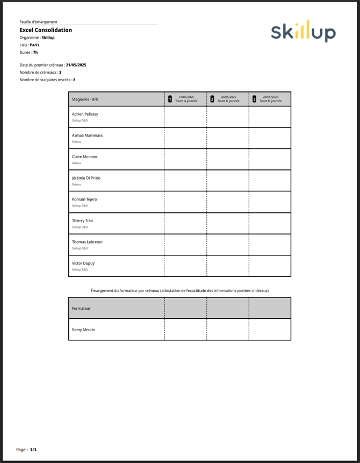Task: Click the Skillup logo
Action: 303,31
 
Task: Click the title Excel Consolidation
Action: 46,30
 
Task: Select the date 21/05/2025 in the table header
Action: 186,97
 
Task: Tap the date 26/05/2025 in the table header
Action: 228,97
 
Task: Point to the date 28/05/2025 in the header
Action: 270,97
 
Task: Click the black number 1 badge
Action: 170,99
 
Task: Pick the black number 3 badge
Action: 254,99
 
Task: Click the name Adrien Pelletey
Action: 85,114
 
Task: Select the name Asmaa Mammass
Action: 87,136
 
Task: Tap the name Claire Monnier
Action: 85,156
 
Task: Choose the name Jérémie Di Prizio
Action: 86,178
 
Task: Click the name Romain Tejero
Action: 84,200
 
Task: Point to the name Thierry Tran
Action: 82,220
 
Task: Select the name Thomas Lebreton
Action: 87,242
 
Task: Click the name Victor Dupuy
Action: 83,263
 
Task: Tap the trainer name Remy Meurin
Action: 83,330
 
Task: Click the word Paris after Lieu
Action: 34,45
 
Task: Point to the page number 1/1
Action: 33,450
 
